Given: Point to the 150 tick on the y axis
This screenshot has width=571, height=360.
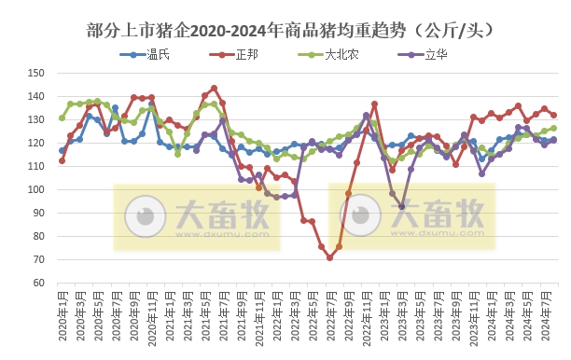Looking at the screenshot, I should tap(38, 73).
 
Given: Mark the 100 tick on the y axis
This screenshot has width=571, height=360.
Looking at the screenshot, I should tap(38, 189).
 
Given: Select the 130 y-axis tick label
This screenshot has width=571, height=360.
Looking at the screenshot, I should tap(38, 119).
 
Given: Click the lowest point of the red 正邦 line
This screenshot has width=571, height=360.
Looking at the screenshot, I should tap(329, 257).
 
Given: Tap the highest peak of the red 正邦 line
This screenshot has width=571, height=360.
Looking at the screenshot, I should tap(214, 89).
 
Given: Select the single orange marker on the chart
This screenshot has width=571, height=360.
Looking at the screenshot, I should tap(258, 187).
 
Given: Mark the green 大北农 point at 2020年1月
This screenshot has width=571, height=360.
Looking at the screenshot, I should tap(62, 118).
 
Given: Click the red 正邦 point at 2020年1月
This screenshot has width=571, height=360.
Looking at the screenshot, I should tap(62, 160).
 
